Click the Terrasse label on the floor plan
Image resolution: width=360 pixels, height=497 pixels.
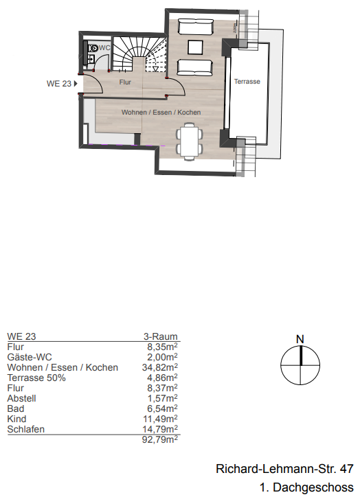click(x=247, y=82)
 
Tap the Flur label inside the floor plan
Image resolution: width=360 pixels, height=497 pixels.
click(x=125, y=82)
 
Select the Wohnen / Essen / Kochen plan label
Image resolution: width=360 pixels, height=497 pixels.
click(x=161, y=112)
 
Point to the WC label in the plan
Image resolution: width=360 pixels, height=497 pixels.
click(x=104, y=47)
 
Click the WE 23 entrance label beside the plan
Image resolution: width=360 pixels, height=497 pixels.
click(x=60, y=84)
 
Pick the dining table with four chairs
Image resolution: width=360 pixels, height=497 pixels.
click(x=190, y=140)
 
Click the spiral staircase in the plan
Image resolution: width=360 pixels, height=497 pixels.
click(x=138, y=54)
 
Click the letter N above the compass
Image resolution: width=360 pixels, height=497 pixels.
click(x=300, y=338)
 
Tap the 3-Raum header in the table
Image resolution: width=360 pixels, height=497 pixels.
click(x=160, y=336)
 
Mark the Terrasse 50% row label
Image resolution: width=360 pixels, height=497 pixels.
click(x=36, y=378)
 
